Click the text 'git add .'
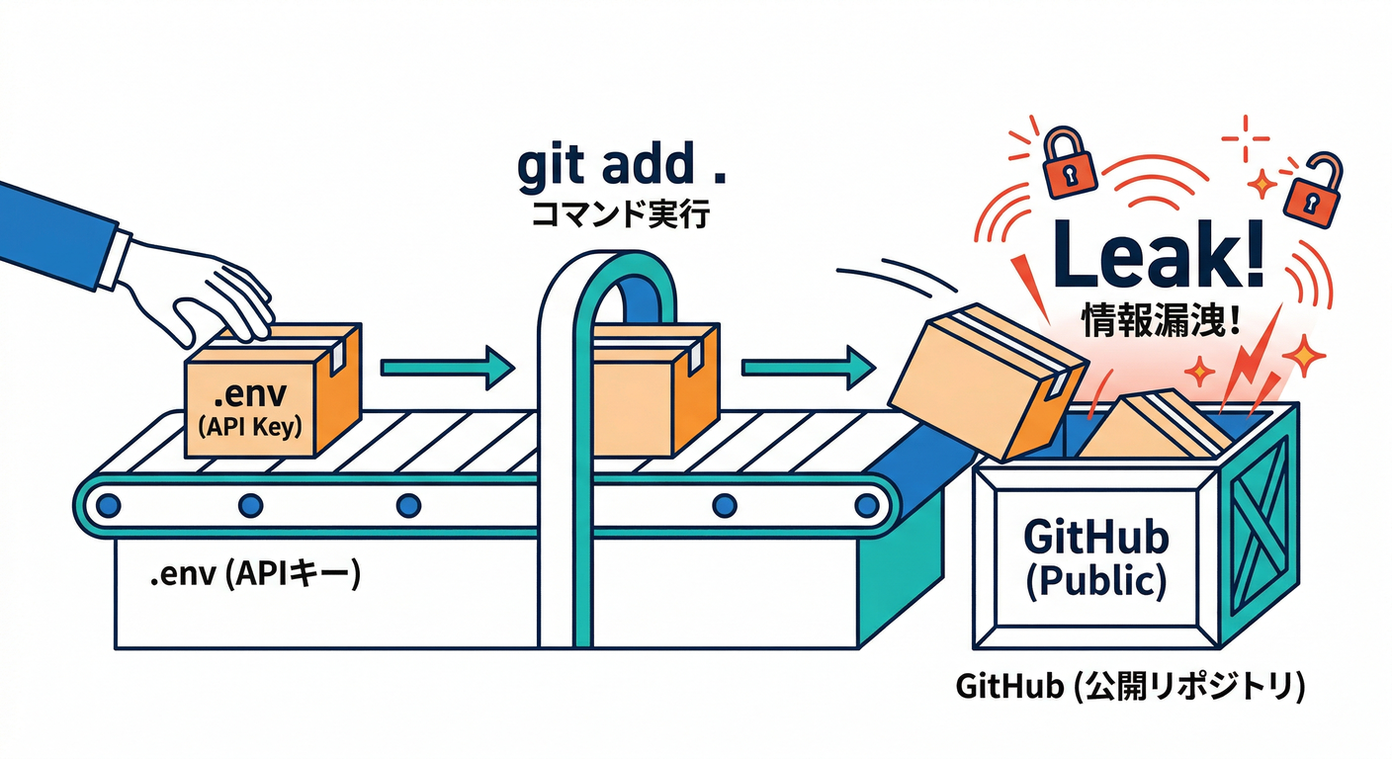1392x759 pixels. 620,168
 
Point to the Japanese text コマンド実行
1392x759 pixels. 620,214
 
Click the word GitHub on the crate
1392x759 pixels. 1095,538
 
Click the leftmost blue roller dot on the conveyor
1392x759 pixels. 109,505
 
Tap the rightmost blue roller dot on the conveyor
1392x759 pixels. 866,505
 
